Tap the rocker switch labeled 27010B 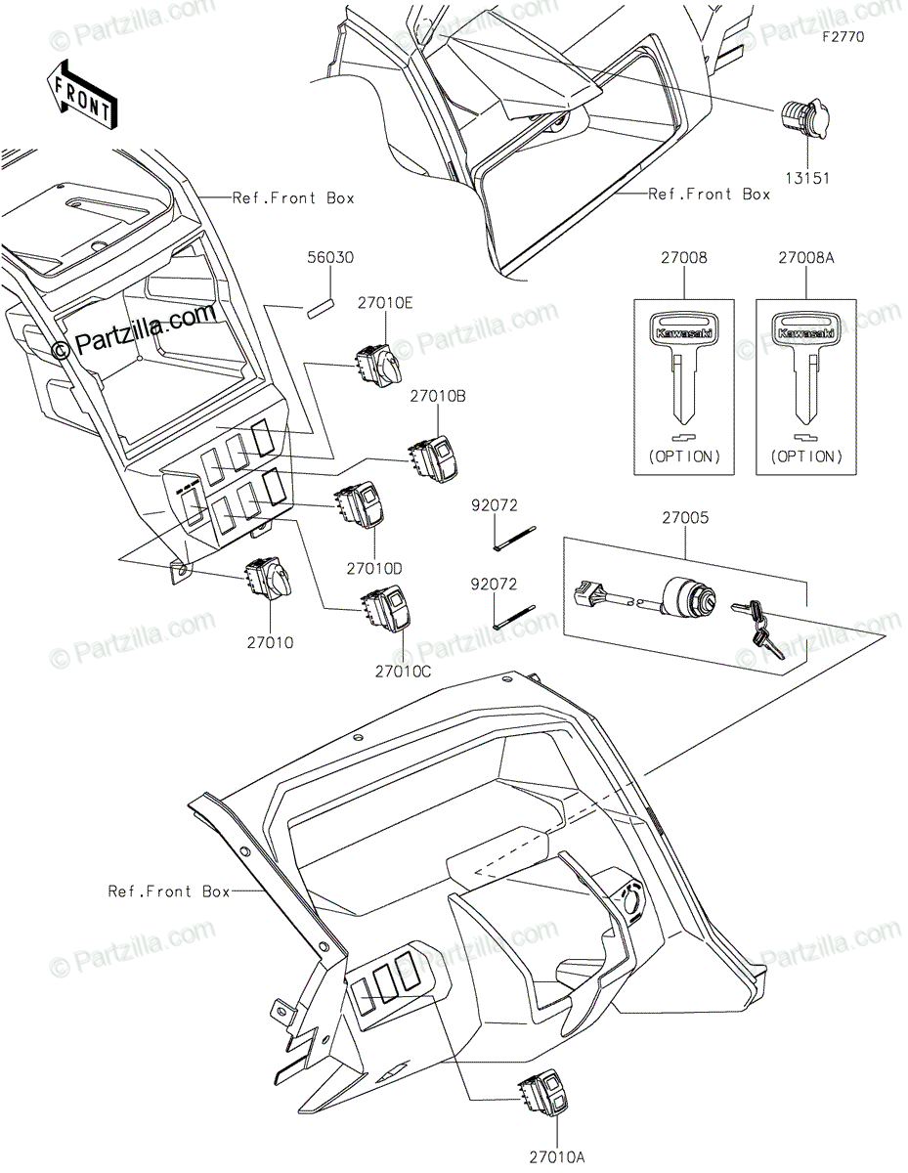tap(434, 457)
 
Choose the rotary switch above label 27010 tap(265, 581)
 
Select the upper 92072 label tap(495, 505)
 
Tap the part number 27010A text tap(557, 1157)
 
